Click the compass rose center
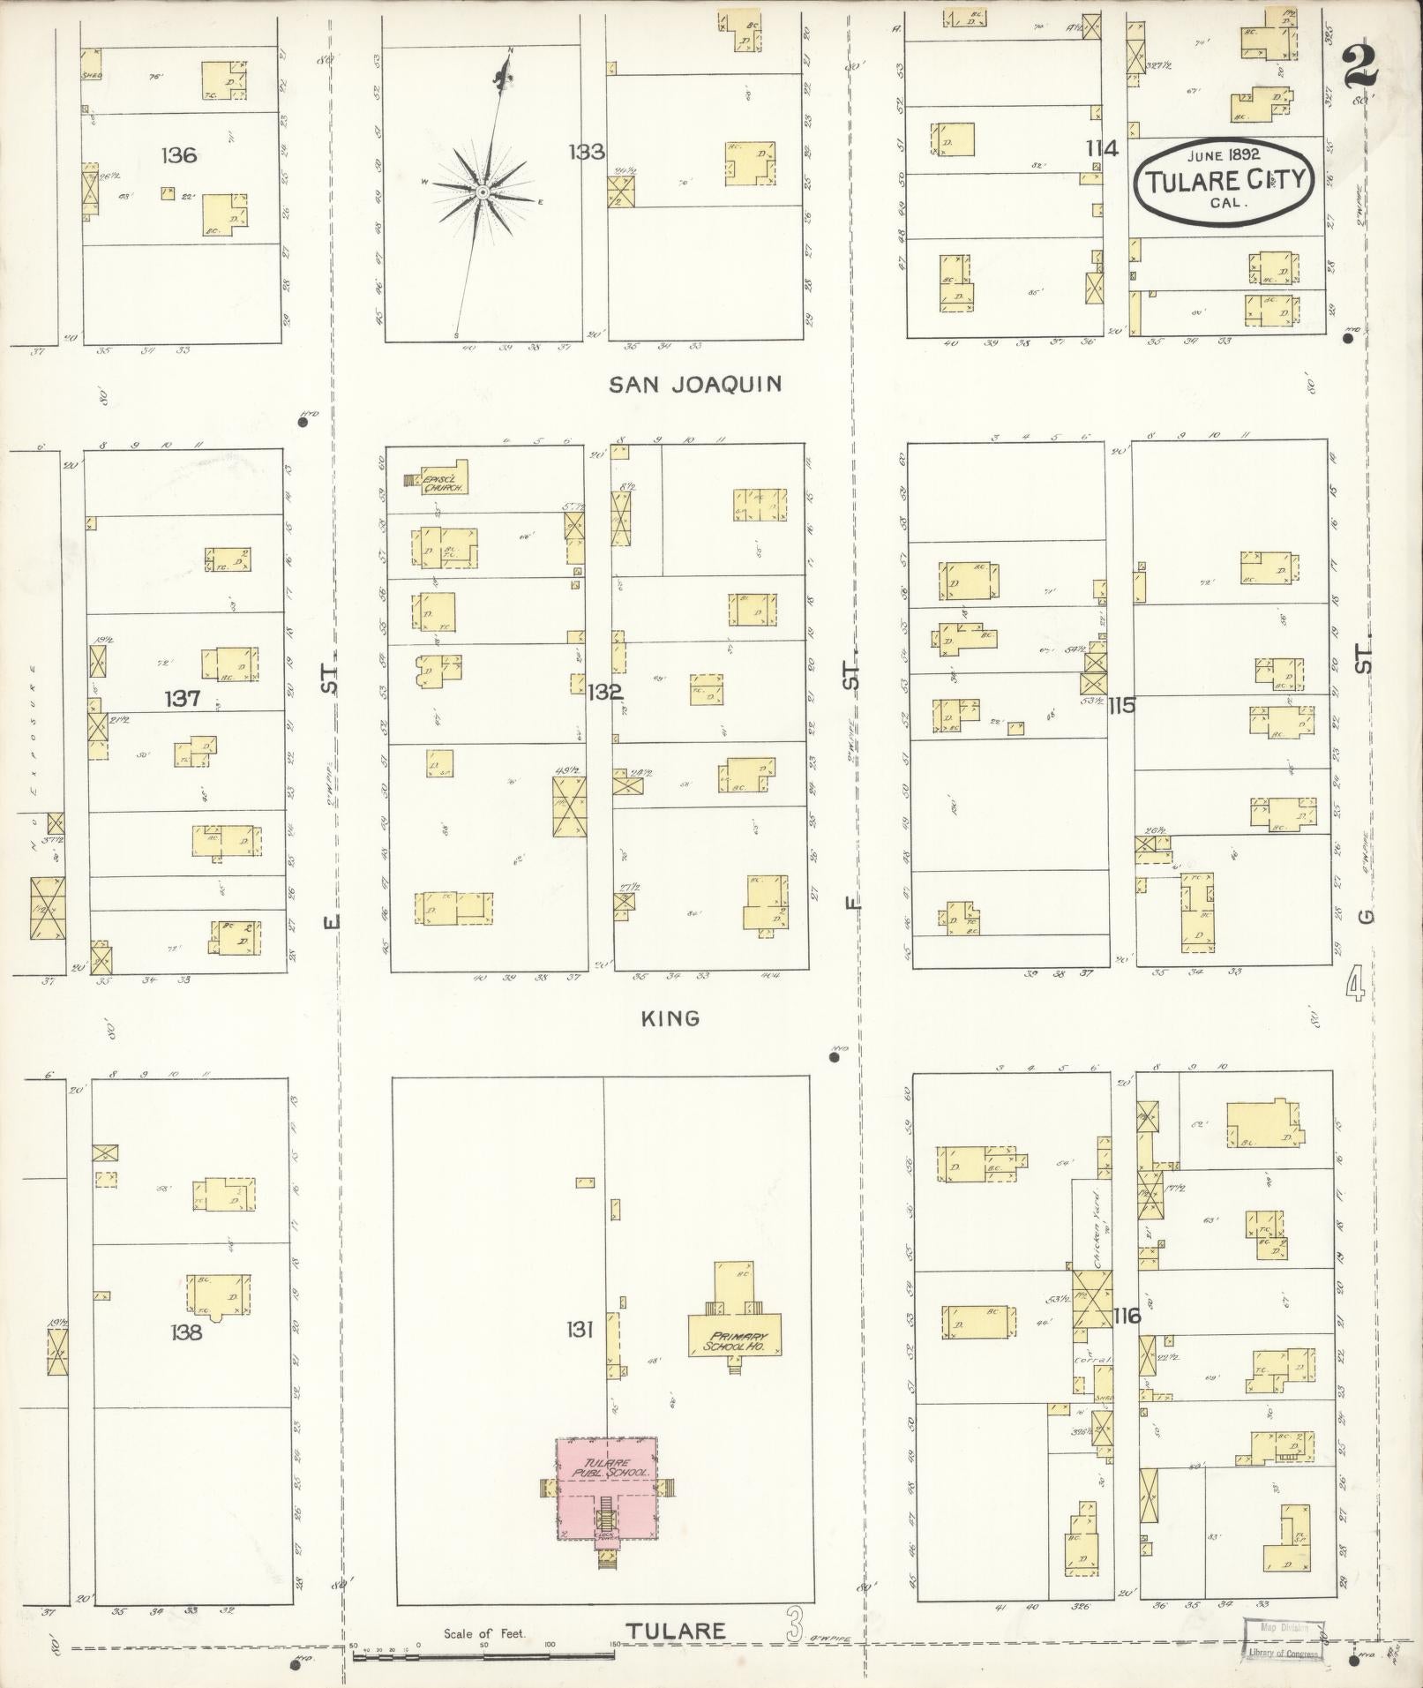483,191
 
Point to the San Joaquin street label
696,384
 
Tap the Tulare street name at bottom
678,1632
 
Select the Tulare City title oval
1224,180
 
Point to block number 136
178,156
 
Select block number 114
1102,149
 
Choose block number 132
606,692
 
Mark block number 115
1123,705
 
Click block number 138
187,1332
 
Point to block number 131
579,1329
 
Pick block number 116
1127,1317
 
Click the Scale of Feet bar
485,1648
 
